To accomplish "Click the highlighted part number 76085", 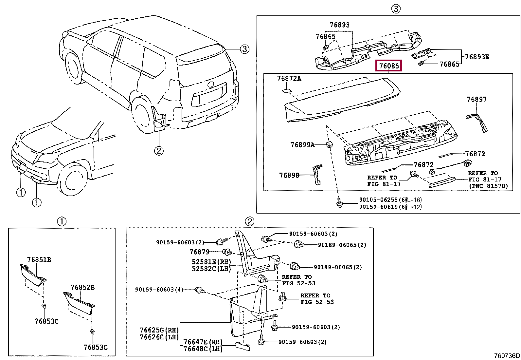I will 389,66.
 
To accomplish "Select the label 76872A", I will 289,79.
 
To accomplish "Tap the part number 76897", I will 476,99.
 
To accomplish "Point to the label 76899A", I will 302,144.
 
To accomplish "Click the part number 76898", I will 289,175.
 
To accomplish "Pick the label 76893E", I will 477,57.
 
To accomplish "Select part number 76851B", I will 39,260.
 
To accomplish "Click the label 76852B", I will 82,288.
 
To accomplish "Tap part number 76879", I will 199,252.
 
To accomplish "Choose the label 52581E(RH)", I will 211,262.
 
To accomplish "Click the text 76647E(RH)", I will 203,342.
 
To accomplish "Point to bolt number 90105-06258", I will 378,199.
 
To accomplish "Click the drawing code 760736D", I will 507,356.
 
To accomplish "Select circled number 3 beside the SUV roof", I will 244,49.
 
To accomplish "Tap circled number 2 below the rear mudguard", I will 159,151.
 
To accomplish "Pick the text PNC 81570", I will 488,186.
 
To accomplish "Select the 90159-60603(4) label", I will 159,290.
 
